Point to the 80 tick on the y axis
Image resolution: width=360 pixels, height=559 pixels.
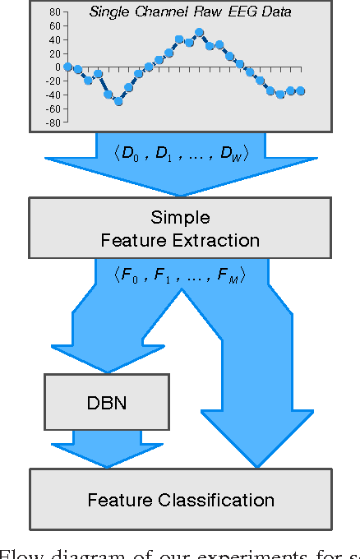55,12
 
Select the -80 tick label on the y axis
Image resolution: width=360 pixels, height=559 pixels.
53,122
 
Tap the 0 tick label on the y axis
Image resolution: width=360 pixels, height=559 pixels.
58,67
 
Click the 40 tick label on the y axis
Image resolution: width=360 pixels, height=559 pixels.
55,39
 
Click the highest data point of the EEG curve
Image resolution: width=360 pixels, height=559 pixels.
200,33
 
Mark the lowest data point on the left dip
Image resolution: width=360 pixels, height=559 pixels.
118,101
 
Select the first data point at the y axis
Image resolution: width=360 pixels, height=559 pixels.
67,67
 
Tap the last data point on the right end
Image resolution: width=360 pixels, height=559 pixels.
301,91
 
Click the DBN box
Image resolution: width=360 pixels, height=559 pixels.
106,404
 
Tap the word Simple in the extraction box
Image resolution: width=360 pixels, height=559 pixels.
180,218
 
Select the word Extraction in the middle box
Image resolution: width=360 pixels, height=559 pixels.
219,240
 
